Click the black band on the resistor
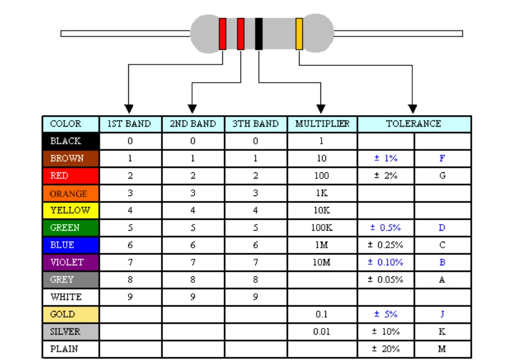click(259, 34)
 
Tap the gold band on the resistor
click(299, 34)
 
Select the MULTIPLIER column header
click(322, 124)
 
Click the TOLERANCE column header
click(414, 124)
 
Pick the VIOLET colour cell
click(71, 262)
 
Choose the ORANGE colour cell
click(71, 193)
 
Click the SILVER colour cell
click(71, 331)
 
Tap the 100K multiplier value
click(322, 227)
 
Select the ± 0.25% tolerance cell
click(385, 245)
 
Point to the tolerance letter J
click(442, 314)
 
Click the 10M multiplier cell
click(322, 262)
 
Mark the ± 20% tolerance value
click(385, 349)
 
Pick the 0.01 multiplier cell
click(322, 331)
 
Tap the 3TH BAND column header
click(255, 124)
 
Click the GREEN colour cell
click(71, 227)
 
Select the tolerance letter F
click(442, 159)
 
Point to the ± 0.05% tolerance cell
click(385, 280)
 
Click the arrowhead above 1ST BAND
click(129, 108)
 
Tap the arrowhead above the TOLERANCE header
click(412, 108)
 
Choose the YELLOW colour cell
click(71, 210)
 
